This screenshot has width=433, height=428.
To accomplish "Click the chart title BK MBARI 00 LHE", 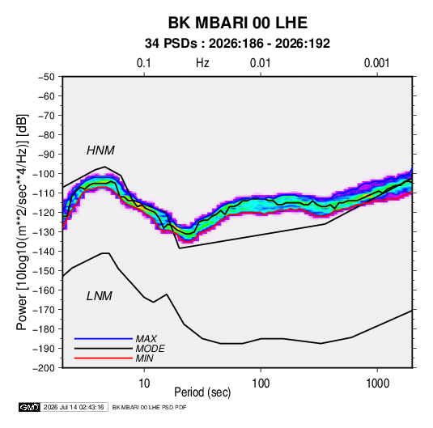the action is (237, 23).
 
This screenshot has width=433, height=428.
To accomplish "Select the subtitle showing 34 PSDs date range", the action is (237, 44).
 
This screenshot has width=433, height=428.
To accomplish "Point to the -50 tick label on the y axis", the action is (46, 77).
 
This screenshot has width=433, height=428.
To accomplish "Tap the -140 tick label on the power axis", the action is (44, 252).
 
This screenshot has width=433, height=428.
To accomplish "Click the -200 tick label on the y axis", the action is (44, 368).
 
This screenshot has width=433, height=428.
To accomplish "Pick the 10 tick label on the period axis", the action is (144, 384).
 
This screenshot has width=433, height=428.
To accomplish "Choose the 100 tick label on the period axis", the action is (261, 384).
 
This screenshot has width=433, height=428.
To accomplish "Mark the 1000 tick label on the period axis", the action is (377, 384).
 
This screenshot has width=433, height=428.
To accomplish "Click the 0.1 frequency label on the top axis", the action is (144, 63).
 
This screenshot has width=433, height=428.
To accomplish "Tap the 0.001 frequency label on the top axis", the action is (376, 63).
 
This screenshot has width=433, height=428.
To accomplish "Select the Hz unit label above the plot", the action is (202, 63).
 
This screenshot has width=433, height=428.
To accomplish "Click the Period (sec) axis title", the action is (202, 392).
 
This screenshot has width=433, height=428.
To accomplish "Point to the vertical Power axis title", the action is (22, 222).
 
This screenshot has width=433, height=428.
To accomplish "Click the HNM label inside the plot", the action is (100, 150).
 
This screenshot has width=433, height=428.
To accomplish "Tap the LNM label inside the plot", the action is (100, 296).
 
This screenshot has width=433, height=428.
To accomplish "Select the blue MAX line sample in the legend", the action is (104, 339).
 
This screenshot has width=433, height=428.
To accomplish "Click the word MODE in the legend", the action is (151, 349).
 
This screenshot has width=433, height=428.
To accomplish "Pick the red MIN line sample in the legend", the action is (104, 358).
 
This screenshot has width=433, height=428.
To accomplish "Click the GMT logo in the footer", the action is (30, 407).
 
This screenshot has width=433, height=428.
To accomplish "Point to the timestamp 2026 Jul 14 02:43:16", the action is (74, 407).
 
